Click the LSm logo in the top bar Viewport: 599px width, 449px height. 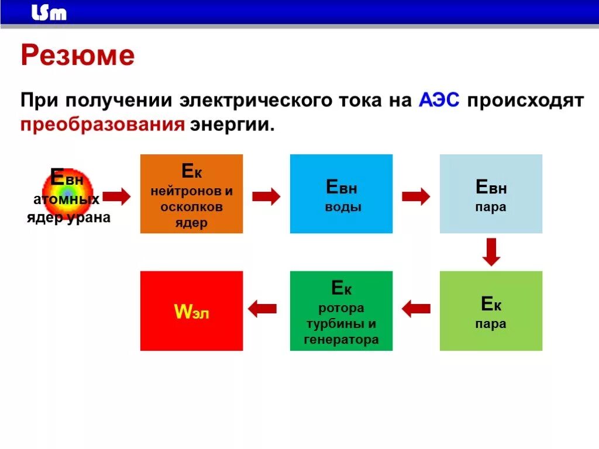(49, 13)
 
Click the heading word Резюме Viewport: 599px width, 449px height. (78, 56)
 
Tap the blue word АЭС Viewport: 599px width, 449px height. (439, 100)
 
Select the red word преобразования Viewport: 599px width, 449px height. (103, 125)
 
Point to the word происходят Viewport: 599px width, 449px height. (525, 100)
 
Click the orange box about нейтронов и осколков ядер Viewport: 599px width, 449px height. (191, 194)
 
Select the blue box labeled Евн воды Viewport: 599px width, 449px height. (341, 194)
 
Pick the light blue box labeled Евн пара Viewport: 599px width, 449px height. (491, 194)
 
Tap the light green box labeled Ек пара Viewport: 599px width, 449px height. (491, 311)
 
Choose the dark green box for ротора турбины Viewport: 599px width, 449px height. (341, 311)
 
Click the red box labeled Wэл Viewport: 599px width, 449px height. (191, 311)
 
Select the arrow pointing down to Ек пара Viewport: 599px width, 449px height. (491, 252)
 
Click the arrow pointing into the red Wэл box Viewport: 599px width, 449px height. (263, 308)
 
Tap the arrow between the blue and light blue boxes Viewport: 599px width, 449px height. (416, 196)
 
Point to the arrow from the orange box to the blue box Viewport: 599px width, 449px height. (266, 196)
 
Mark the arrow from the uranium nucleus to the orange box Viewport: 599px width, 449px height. (116, 196)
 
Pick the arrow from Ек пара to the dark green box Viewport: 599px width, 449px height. (416, 308)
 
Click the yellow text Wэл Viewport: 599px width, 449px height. (191, 312)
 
